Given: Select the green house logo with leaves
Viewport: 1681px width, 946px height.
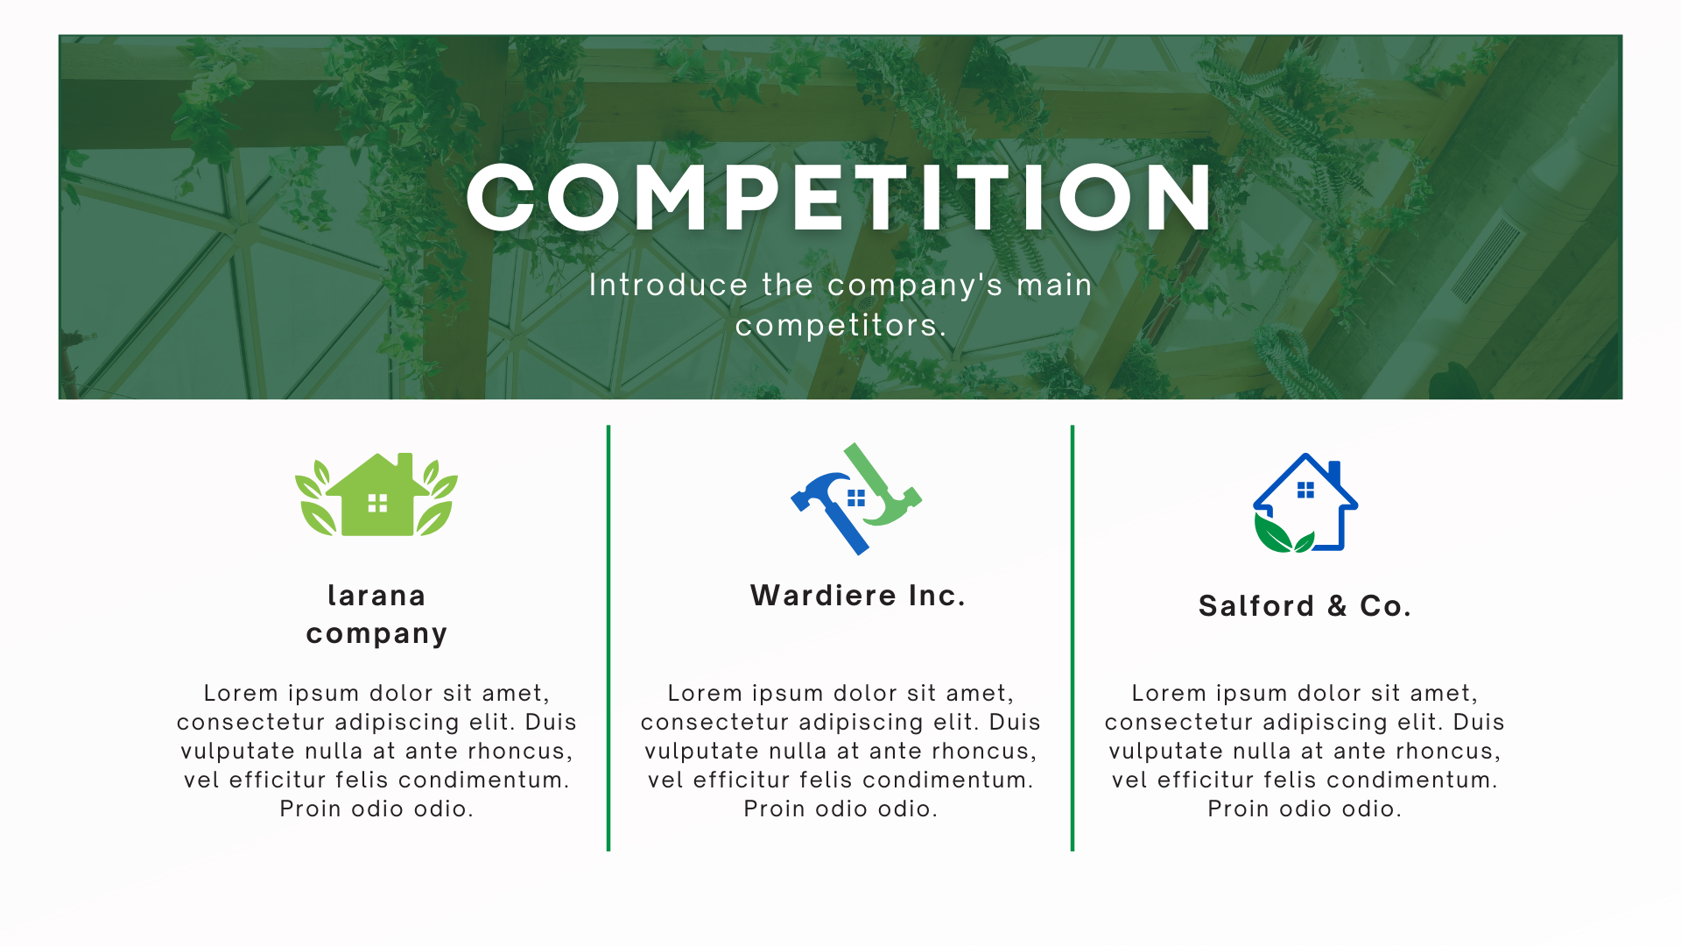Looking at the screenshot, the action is (376, 494).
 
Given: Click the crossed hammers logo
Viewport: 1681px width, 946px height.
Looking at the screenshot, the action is (856, 498).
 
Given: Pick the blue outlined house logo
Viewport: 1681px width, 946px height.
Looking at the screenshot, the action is (1305, 503).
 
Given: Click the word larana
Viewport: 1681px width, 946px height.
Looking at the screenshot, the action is (376, 596).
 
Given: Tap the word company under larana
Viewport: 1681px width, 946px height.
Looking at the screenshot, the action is (376, 634).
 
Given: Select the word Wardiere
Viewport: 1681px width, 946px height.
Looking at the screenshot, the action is (824, 596).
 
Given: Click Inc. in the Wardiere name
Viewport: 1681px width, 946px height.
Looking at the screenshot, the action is (937, 596).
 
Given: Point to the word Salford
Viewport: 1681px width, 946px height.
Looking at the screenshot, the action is (1256, 606).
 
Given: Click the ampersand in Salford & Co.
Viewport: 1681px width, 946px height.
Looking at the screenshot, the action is (1337, 606).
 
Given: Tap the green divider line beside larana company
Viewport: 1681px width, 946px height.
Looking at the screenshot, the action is (608, 638).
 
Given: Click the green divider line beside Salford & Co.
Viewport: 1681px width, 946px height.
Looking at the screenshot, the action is (1073, 638).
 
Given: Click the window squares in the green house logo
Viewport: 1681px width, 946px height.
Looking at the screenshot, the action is (377, 503).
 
